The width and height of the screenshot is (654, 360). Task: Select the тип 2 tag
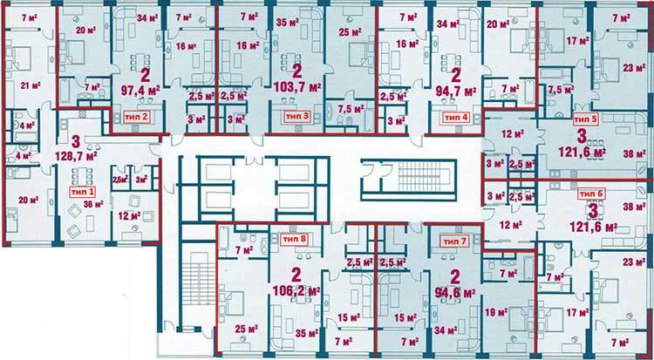point(135,115)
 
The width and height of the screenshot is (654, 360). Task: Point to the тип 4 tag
point(455,115)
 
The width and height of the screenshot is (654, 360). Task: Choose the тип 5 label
point(586,116)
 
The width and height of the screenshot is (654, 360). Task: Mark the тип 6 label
point(590,193)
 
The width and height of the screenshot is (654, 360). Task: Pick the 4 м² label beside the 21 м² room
point(26,125)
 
